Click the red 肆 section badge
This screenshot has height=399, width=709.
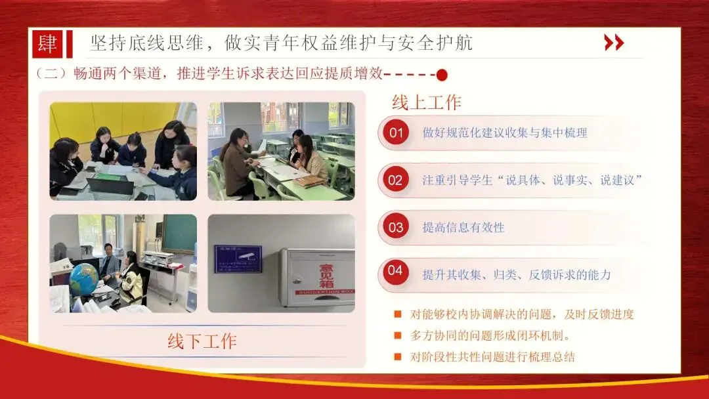pyautogui.click(x=47, y=44)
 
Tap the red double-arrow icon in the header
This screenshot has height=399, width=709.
pyautogui.click(x=614, y=43)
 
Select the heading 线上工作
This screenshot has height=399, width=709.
pyautogui.click(x=427, y=102)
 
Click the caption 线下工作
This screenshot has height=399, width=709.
pyautogui.click(x=202, y=341)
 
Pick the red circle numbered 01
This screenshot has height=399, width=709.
pyautogui.click(x=396, y=133)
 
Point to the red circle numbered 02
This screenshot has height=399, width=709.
pyautogui.click(x=396, y=180)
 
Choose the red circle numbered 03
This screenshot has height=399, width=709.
pyautogui.click(x=396, y=227)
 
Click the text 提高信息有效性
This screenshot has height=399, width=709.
pyautogui.click(x=463, y=227)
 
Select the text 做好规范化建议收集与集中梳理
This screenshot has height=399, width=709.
pyautogui.click(x=505, y=133)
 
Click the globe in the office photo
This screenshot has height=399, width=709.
pyautogui.click(x=84, y=279)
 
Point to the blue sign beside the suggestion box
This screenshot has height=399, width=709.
pyautogui.click(x=238, y=259)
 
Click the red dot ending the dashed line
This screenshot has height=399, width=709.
pyautogui.click(x=442, y=75)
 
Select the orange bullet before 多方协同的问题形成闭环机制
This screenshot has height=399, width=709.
pyautogui.click(x=397, y=335)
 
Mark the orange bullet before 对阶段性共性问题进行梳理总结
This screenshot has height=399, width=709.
pyautogui.click(x=397, y=356)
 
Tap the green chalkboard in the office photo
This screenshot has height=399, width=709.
pyautogui.click(x=179, y=233)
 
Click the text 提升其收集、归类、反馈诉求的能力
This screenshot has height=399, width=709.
pyautogui.click(x=517, y=275)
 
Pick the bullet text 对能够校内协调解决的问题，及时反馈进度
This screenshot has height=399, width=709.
pyautogui.click(x=522, y=314)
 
